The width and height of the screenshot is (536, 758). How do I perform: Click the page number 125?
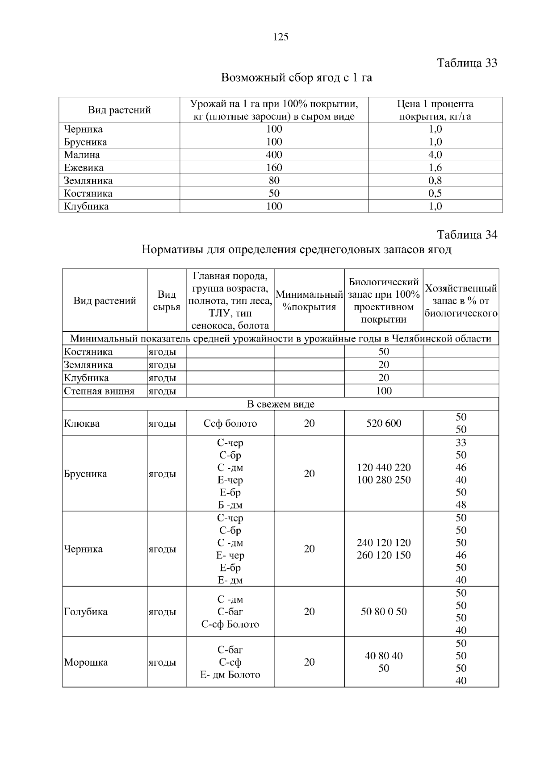point(281,37)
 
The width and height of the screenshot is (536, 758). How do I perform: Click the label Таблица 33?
point(467,63)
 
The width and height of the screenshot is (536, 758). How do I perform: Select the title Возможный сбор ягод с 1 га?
point(297,78)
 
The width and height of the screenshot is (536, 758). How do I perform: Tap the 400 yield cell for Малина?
point(274,155)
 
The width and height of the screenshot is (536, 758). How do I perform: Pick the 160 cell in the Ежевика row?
point(274,168)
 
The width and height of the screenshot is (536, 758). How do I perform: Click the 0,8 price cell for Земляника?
point(435,181)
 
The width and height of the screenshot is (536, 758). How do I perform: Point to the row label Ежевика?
point(84,168)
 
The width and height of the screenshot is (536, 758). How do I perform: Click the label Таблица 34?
point(467,235)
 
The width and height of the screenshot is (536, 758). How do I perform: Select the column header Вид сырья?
point(167,301)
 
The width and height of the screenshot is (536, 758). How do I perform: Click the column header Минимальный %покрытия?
point(309,301)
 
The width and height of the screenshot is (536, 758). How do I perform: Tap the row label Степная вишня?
point(99,391)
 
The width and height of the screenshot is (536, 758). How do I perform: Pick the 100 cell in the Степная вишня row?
point(384,391)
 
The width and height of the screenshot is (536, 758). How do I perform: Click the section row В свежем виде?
point(281,404)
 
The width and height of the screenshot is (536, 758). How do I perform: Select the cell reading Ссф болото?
point(230,423)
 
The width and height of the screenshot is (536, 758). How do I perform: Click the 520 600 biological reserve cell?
point(384,423)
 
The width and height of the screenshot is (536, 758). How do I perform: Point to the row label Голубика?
point(86,612)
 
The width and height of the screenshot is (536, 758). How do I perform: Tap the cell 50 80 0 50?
point(384,612)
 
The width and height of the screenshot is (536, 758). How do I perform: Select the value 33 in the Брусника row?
point(461,442)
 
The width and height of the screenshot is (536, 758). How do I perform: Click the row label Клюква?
point(82,423)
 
